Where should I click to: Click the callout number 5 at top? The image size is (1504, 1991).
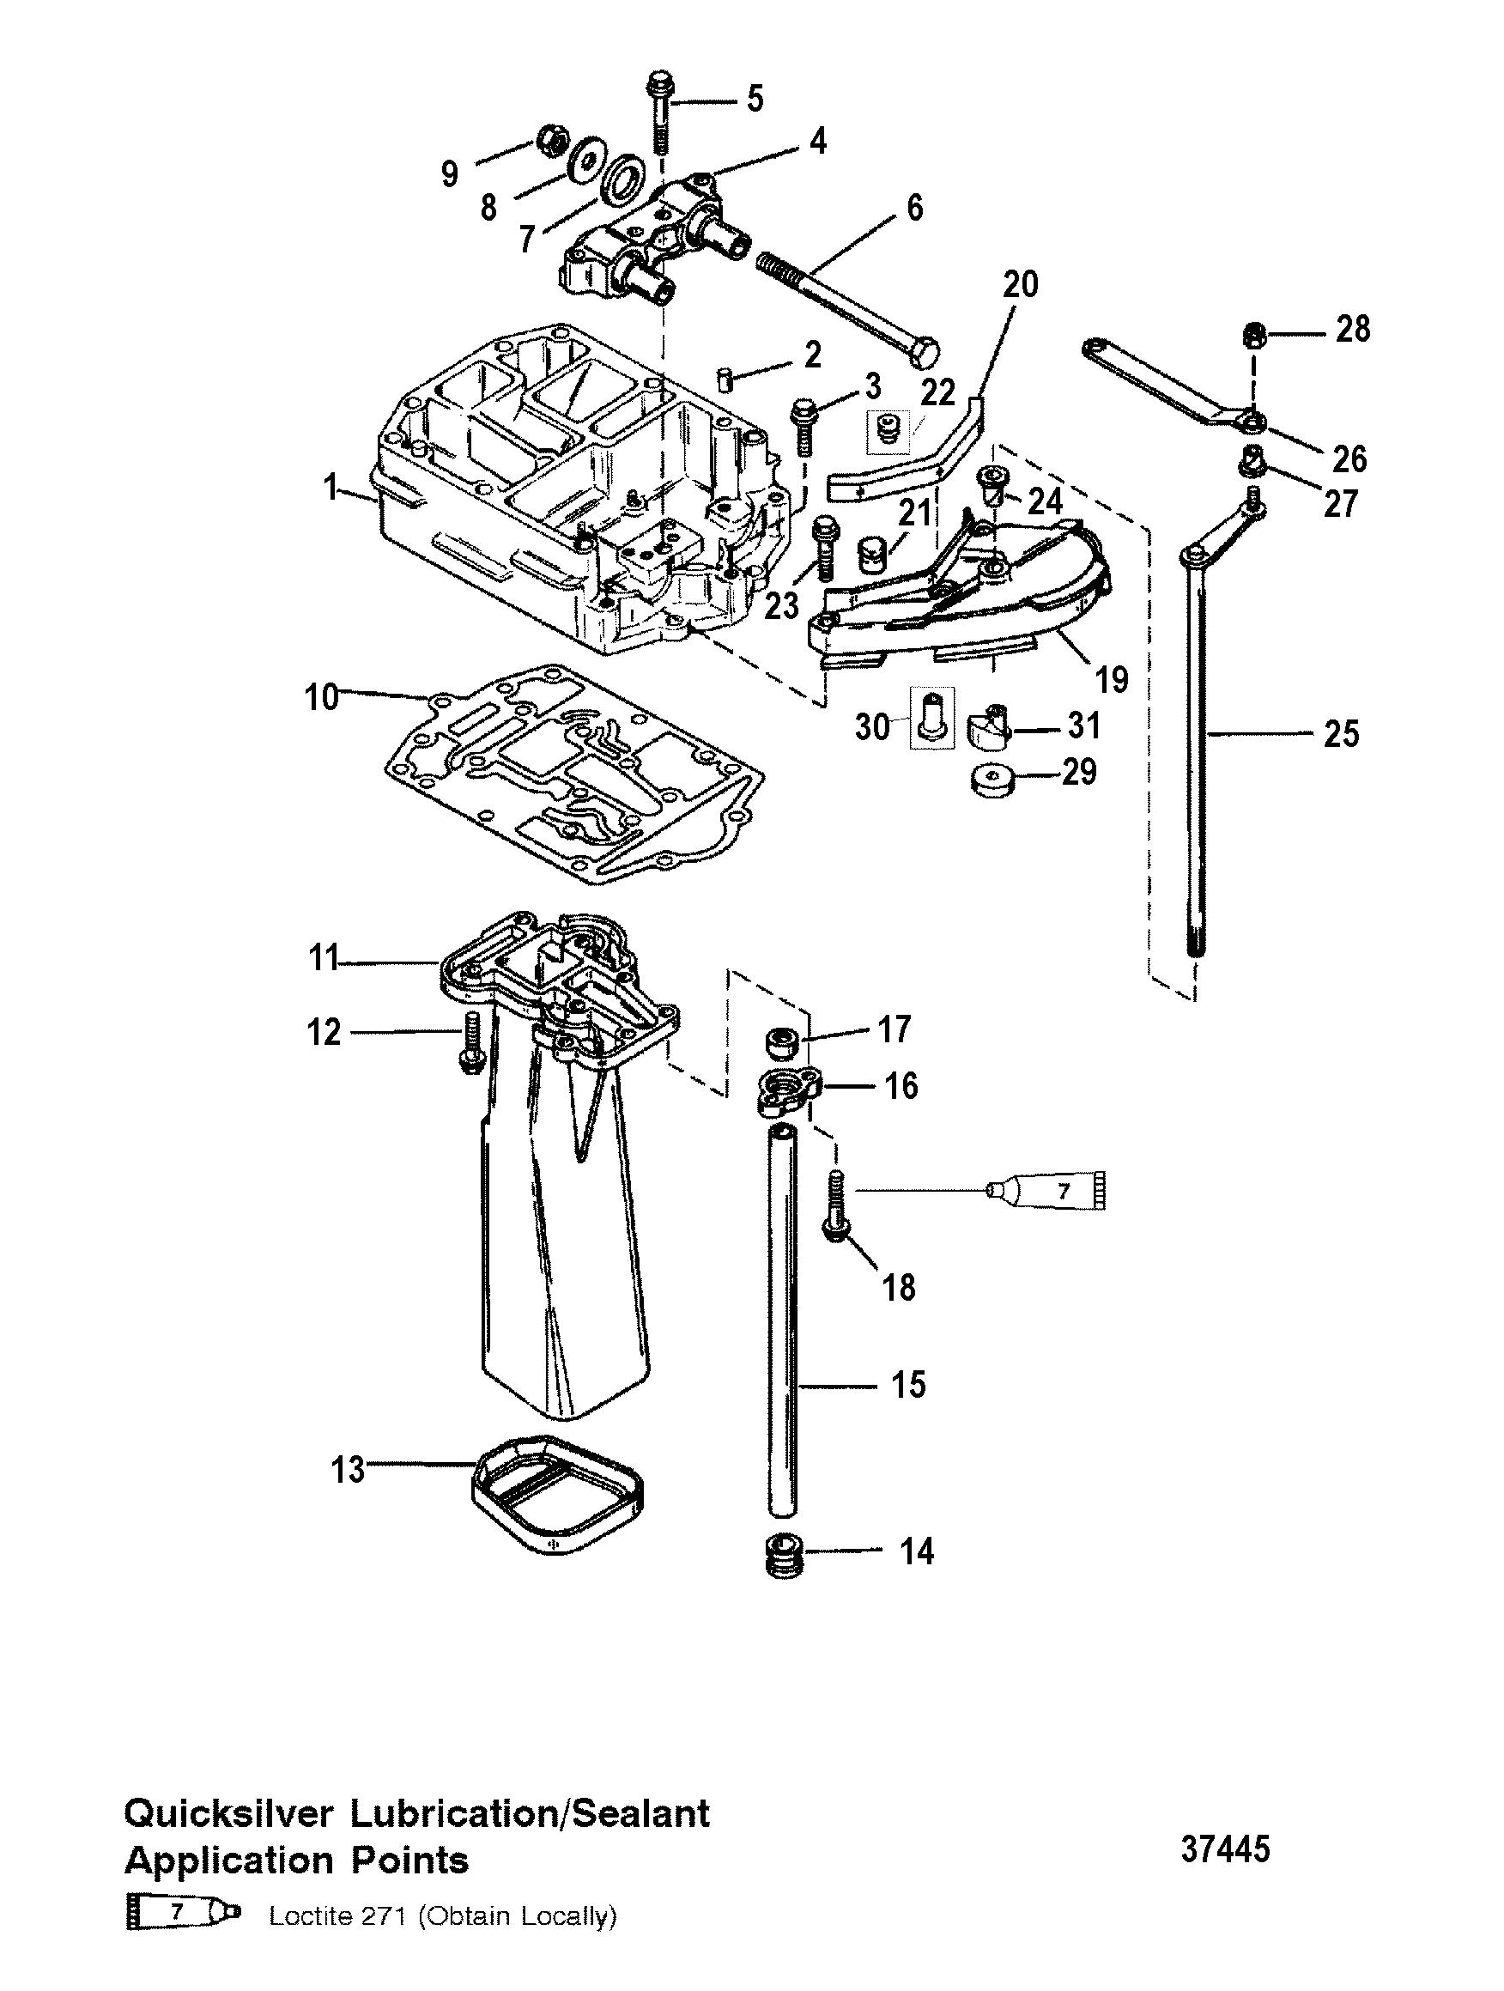755,98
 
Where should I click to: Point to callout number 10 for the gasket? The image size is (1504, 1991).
322,695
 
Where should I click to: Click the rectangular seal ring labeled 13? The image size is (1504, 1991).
556,1493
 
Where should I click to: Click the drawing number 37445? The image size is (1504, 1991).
1225,1849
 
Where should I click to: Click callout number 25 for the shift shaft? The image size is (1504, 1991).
1340,734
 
